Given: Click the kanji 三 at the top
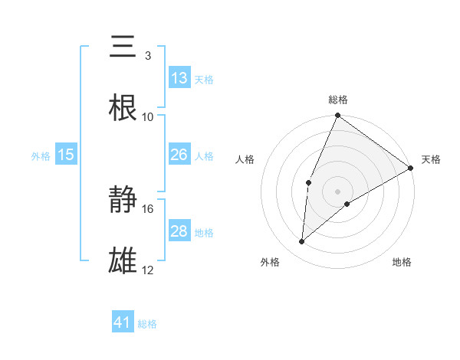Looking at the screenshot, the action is (123, 47).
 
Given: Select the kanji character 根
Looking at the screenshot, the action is (123, 107).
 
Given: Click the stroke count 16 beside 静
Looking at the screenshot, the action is (148, 208).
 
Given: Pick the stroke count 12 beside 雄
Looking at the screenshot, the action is (148, 270).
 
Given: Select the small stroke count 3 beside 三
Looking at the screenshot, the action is (147, 56).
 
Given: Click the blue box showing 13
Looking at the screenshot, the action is (179, 78).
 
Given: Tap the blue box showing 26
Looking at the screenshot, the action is (179, 155).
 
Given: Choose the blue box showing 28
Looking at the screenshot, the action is (179, 231).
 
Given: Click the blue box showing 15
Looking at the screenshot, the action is (66, 155).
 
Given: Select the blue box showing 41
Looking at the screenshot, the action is (123, 322).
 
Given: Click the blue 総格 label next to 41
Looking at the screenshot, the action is (147, 324).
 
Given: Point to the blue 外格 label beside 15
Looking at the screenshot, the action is (41, 156).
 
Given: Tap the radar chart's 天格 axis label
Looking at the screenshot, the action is (431, 159).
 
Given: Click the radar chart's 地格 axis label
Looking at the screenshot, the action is (402, 262).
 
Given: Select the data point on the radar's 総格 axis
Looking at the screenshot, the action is (337, 116).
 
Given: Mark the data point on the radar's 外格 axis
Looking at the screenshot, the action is (302, 242).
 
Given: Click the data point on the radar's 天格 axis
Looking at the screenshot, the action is (411, 169).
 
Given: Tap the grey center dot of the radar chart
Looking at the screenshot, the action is (337, 191).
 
